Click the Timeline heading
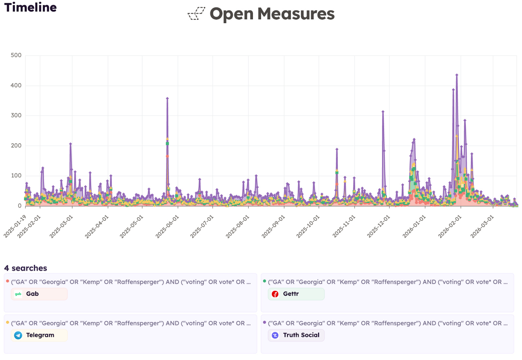30,7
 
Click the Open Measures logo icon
196,14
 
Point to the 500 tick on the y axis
16,55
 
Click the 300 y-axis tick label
16,115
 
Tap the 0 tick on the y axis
20,206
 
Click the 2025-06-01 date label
167,227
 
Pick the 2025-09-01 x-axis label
273,227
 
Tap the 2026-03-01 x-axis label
482,227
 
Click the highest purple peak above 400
457,75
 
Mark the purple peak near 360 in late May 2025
167,98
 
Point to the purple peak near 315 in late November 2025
383,112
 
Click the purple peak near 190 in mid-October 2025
337,149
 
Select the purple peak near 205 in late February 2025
70,144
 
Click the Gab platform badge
39,294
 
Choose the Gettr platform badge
296,294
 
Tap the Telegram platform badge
39,335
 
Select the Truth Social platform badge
296,335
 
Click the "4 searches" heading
25,268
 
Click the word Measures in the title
296,14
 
